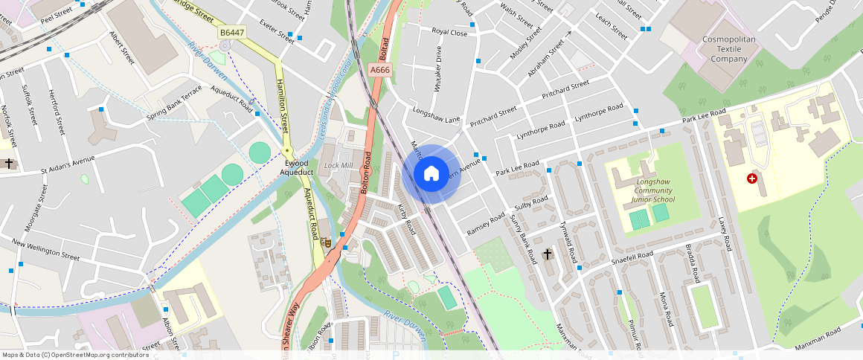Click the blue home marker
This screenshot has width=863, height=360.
[431, 174]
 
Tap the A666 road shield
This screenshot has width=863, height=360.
[379, 70]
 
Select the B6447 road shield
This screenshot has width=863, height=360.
[231, 33]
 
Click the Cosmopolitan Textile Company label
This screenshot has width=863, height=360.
[729, 48]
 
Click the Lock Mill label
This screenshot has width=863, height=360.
[339, 165]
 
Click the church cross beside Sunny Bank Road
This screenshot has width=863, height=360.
[548, 254]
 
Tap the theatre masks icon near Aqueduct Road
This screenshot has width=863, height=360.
[325, 242]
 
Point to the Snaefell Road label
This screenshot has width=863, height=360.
[632, 257]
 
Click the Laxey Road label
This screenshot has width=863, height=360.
[725, 234]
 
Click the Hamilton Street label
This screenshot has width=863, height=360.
[283, 106]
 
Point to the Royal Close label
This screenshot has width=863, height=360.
[449, 33]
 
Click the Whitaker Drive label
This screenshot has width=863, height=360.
[437, 68]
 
